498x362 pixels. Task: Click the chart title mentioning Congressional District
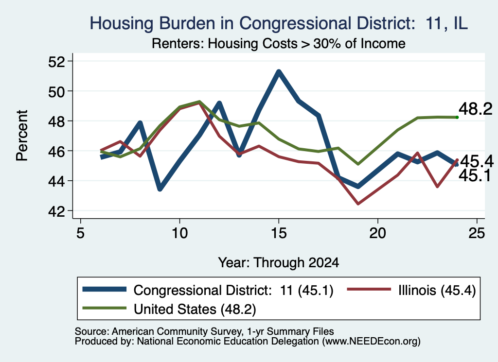click(279, 23)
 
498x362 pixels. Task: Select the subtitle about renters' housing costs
click(279, 43)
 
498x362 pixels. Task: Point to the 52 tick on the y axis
click(56, 61)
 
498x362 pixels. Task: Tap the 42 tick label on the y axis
click(56, 211)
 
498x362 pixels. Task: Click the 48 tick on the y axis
click(56, 121)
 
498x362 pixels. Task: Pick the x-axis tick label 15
click(279, 233)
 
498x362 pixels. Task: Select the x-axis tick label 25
click(477, 233)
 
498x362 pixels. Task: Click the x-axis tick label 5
click(80, 233)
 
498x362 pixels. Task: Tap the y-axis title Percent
click(22, 136)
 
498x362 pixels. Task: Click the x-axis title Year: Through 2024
click(279, 263)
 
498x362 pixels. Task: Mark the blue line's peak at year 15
click(279, 72)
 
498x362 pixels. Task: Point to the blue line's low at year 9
click(160, 189)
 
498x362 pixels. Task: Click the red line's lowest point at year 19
click(358, 204)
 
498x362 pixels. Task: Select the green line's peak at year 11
click(199, 102)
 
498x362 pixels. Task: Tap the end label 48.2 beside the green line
click(476, 109)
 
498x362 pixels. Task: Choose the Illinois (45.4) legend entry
click(411, 290)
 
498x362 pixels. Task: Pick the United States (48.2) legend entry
click(169, 309)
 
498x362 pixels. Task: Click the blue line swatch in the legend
click(105, 289)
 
